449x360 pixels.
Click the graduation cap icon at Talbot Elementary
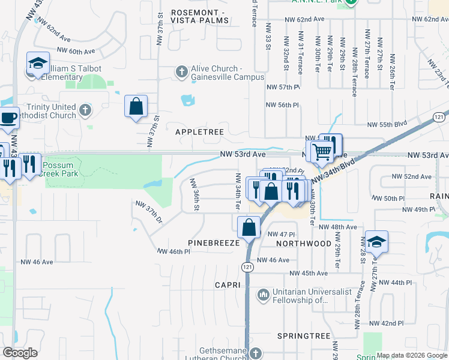coord(37,64)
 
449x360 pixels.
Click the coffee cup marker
coord(8,118)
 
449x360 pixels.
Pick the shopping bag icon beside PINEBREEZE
coord(249,228)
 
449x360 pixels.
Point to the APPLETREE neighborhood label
coord(199,131)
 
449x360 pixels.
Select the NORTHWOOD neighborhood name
coord(304,244)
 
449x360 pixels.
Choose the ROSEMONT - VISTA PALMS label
coord(199,16)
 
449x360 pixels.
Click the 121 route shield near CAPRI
coord(247,266)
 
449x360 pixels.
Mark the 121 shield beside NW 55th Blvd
coord(440,116)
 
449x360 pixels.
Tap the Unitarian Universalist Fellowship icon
coord(263,295)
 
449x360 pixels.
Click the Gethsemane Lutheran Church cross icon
coord(256,353)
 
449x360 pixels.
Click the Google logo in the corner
coord(20,352)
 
